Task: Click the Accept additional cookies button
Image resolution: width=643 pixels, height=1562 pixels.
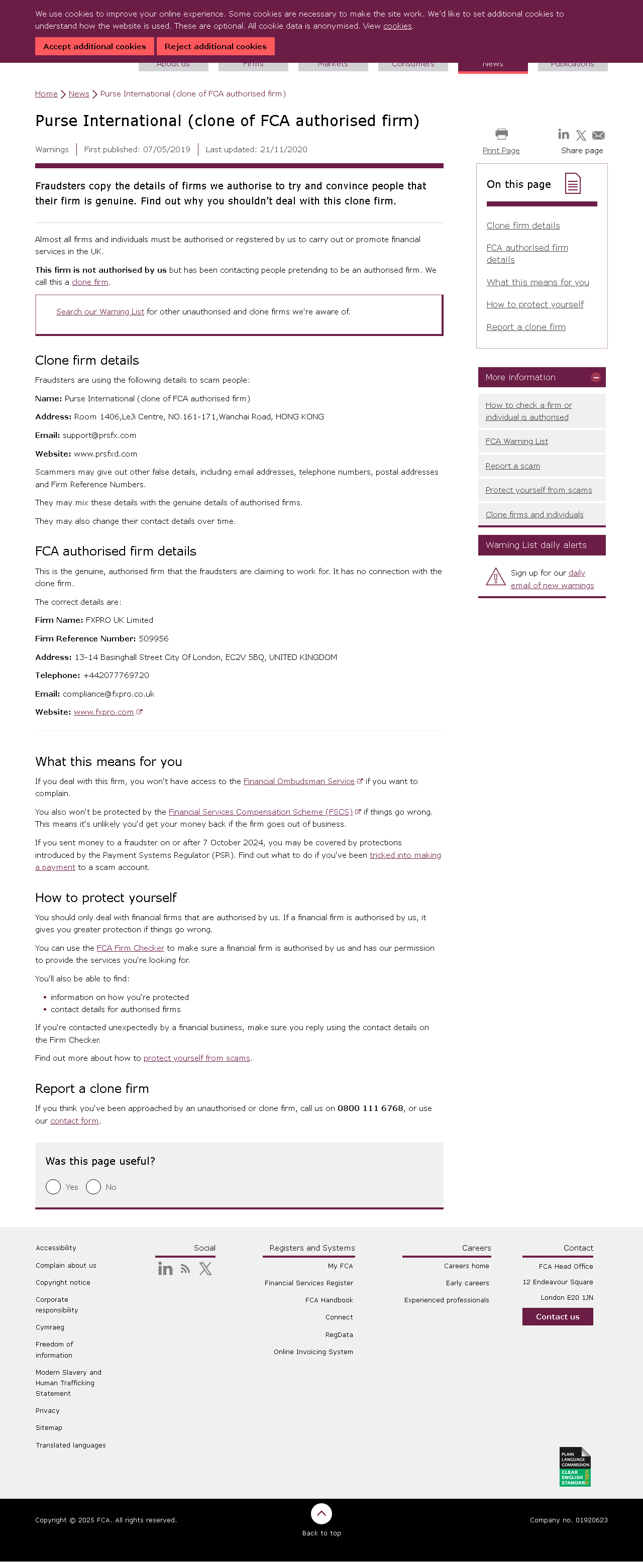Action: [x=94, y=47]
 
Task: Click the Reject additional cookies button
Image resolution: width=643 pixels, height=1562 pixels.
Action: [x=216, y=47]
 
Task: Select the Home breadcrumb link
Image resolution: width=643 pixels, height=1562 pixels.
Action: [x=46, y=94]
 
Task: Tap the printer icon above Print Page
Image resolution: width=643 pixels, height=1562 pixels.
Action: [x=501, y=134]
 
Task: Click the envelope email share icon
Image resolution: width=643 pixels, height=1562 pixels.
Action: [x=598, y=135]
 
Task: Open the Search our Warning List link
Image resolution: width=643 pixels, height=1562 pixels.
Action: [x=100, y=312]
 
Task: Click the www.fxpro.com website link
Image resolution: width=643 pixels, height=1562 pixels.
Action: [x=103, y=712]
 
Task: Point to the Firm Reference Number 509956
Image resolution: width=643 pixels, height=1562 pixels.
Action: [x=154, y=638]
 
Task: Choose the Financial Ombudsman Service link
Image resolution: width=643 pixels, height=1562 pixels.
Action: [x=298, y=782]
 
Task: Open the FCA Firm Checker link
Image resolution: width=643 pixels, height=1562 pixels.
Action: [x=131, y=948]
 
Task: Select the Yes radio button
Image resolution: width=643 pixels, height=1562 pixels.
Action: [x=53, y=1187]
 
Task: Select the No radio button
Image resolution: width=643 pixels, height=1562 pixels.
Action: [x=93, y=1187]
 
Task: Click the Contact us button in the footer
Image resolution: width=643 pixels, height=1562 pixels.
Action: [x=558, y=1316]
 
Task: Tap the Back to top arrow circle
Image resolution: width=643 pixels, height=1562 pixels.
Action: [x=321, y=1513]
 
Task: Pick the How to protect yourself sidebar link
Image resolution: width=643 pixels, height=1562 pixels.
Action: [x=534, y=304]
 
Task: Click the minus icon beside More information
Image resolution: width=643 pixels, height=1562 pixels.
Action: [x=596, y=377]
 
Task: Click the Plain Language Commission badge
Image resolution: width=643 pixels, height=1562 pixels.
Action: [x=575, y=1466]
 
